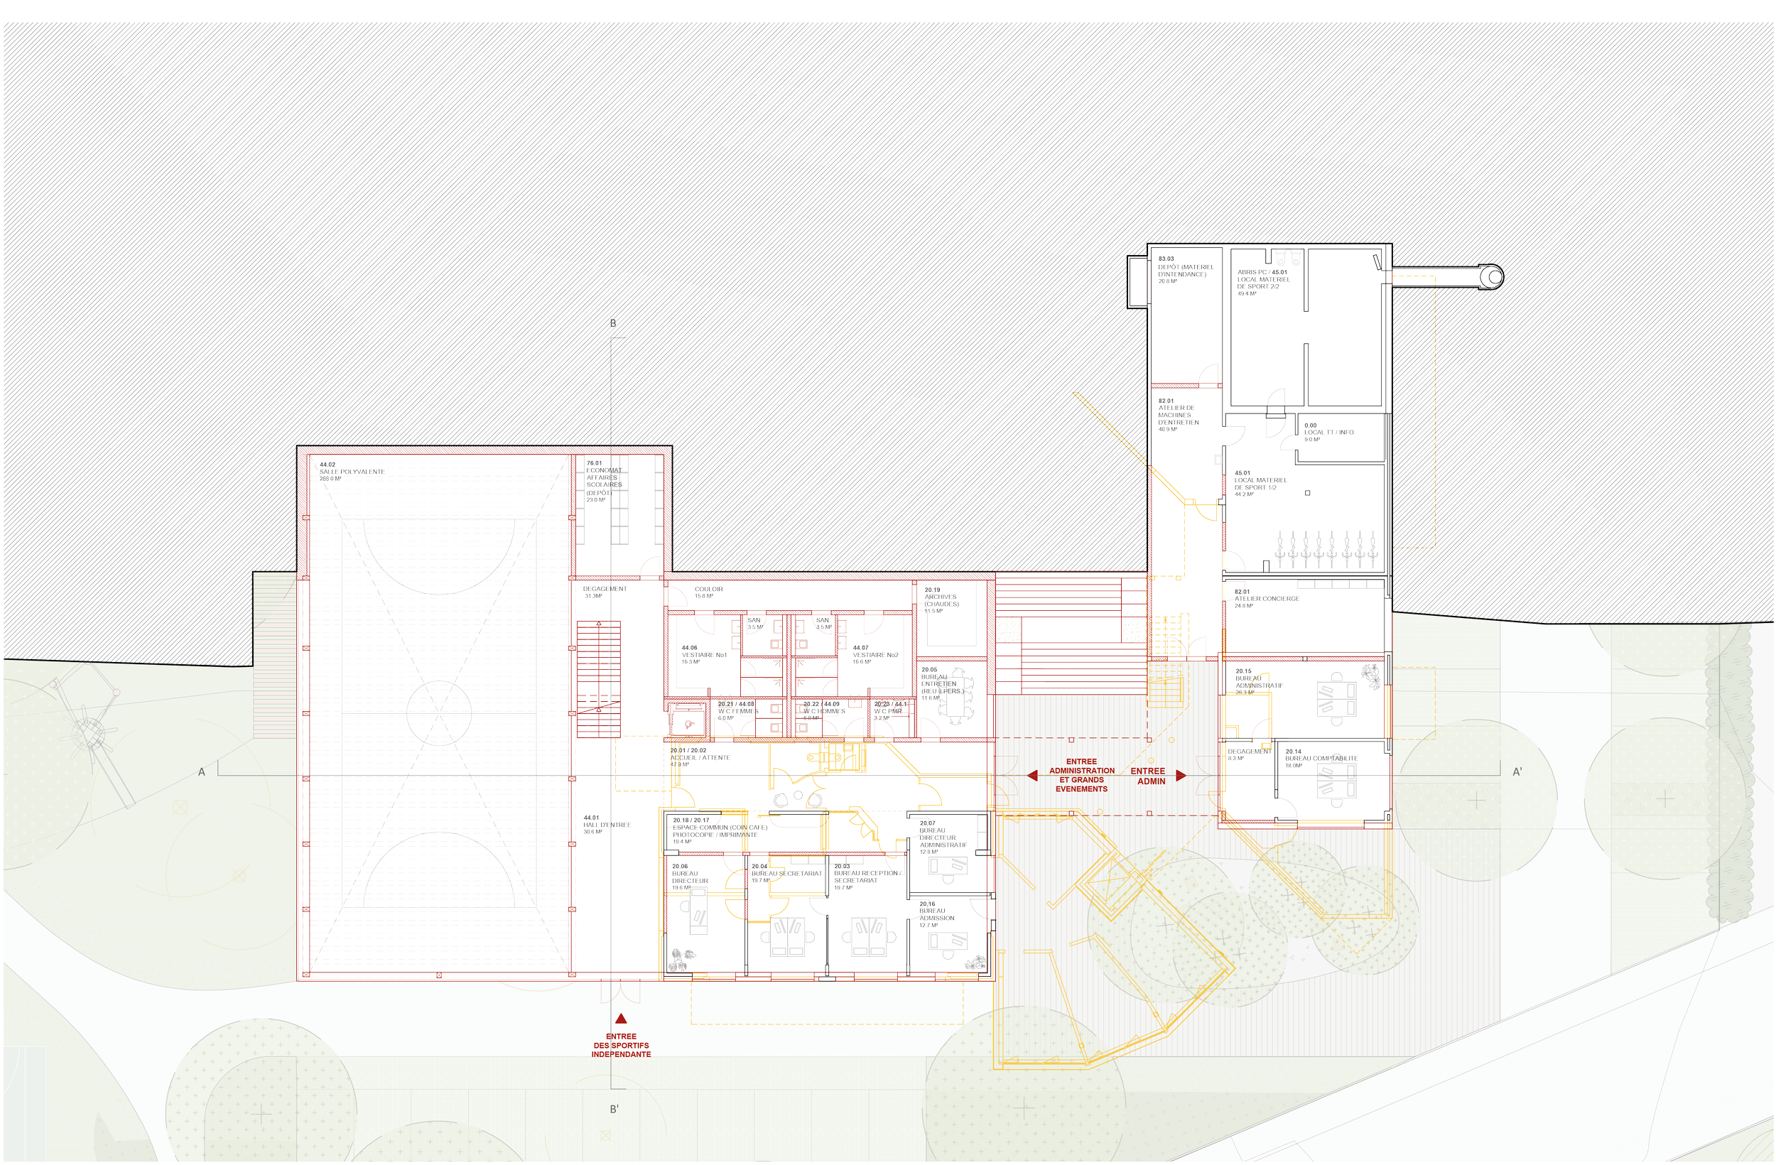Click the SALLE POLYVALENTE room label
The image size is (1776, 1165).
pos(352,472)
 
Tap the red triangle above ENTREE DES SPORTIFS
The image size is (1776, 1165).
pos(621,1019)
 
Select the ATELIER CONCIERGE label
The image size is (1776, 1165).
pos(1267,599)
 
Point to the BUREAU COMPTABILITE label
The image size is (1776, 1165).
pos(1321,758)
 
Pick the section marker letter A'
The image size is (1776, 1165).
pos(1517,771)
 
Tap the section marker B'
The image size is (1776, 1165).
pos(614,1109)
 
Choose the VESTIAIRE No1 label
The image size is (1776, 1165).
pos(704,654)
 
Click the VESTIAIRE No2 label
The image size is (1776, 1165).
pos(875,654)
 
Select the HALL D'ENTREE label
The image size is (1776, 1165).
pos(607,825)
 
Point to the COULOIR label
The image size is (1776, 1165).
pos(709,589)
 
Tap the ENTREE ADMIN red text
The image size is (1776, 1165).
pos(1149,776)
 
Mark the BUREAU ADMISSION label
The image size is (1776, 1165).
pos(936,914)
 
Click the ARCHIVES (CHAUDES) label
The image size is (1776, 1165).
pos(941,600)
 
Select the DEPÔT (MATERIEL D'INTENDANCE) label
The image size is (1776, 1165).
pos(1186,270)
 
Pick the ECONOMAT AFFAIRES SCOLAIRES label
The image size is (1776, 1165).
pos(604,477)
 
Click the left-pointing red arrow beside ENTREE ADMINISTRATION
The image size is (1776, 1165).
pos(1032,776)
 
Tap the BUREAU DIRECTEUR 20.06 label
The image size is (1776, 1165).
pos(690,877)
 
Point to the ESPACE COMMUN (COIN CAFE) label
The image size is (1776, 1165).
pos(720,828)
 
